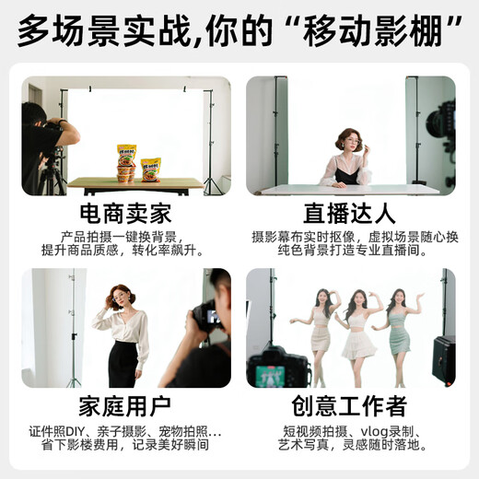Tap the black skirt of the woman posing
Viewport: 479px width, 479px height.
coord(123,364)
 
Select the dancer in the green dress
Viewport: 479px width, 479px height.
coord(398,332)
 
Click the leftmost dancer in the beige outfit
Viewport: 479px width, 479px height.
coord(318,332)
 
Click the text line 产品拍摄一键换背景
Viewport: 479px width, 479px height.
coord(126,237)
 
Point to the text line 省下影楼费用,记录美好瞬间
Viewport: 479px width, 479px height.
coord(126,444)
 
